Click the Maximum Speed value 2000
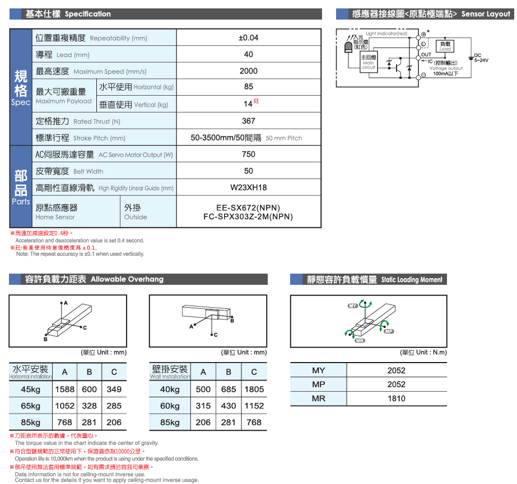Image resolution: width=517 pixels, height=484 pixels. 248,71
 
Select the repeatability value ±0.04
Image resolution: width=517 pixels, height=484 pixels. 248,38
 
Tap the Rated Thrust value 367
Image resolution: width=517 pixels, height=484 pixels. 248,121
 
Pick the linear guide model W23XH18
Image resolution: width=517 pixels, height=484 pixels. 248,188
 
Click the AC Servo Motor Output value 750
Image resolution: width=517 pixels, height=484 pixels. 248,154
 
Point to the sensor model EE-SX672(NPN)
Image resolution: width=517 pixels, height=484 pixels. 248,208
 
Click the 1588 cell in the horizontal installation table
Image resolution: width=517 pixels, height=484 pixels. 65,389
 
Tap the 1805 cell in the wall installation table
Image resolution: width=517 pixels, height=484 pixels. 254,389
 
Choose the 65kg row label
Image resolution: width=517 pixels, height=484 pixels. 30,406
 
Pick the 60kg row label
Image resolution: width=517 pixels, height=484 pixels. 170,406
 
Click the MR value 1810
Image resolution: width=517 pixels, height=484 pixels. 396,399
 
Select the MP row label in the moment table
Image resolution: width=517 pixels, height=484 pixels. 318,384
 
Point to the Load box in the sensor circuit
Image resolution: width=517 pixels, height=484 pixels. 445,46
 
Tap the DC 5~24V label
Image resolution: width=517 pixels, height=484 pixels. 481,58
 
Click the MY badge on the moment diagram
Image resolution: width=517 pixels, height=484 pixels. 352,306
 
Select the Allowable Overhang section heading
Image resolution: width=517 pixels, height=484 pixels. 127,279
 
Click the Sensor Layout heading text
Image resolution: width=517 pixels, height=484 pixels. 485,14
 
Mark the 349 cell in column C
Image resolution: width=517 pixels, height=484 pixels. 114,389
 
